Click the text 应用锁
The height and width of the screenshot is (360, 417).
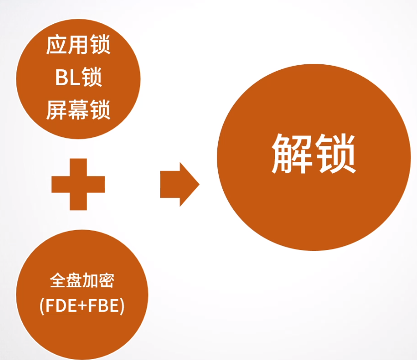click(x=78, y=46)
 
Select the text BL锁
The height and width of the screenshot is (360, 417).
click(x=78, y=78)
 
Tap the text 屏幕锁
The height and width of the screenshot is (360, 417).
click(x=78, y=110)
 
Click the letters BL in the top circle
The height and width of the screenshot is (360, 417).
click(x=66, y=78)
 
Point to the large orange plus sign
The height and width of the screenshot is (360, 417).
click(x=78, y=184)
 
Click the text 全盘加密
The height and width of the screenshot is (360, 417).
click(x=82, y=281)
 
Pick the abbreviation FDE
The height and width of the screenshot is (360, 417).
click(x=58, y=305)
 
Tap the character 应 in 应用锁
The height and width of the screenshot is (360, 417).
click(x=57, y=46)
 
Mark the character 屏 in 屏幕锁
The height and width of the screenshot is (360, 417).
click(x=57, y=110)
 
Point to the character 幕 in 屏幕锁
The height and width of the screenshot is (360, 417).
click(x=78, y=110)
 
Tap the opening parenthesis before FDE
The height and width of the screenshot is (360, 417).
click(x=42, y=306)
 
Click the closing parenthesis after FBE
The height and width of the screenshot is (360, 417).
click(x=122, y=306)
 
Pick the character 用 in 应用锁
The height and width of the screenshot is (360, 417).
click(x=78, y=46)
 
